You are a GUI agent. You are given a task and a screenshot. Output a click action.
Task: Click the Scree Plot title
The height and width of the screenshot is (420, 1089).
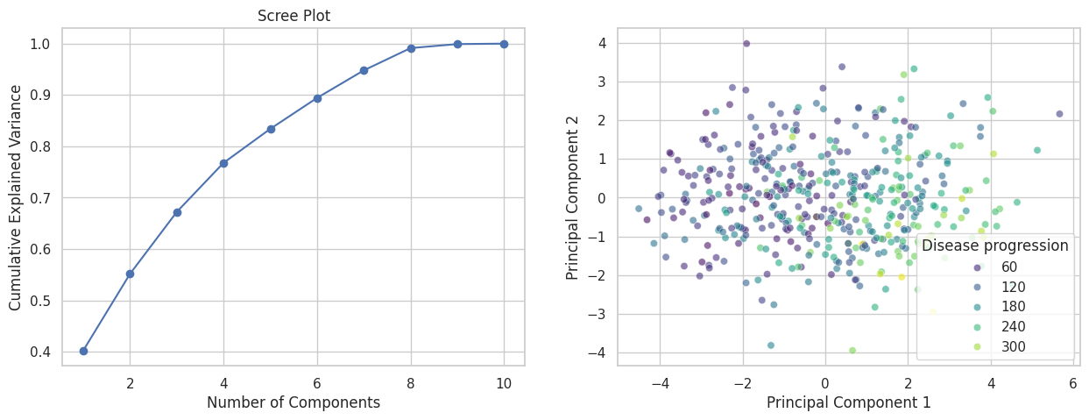(293, 16)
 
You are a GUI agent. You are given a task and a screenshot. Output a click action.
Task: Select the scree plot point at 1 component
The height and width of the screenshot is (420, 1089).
(83, 351)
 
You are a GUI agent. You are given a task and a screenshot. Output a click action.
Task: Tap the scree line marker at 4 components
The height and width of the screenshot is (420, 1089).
(223, 163)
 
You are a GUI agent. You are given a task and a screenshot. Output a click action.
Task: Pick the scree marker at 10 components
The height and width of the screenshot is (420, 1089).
(504, 43)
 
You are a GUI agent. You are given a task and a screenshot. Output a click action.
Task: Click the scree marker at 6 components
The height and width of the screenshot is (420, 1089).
(317, 98)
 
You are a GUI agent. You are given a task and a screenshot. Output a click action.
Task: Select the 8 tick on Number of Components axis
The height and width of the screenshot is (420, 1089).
(411, 383)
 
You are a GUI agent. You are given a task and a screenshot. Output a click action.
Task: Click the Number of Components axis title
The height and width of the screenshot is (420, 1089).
(293, 402)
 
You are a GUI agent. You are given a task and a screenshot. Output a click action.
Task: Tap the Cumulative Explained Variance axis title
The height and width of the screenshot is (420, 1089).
(16, 198)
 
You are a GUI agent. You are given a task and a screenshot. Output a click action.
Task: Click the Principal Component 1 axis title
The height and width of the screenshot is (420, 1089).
(848, 402)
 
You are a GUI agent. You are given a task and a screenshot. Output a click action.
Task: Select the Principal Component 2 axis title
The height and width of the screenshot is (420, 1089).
(573, 198)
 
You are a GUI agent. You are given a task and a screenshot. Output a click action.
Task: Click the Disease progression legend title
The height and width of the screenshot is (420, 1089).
(995, 246)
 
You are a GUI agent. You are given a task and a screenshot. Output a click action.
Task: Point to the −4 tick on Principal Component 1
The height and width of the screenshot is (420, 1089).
(660, 383)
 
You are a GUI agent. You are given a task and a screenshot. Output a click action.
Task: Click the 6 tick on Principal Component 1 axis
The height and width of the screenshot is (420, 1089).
(1073, 383)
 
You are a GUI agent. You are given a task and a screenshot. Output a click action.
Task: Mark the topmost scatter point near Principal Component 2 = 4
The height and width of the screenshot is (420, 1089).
(746, 43)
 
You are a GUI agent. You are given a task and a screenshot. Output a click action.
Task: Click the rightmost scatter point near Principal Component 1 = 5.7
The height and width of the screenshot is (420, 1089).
(1059, 114)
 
